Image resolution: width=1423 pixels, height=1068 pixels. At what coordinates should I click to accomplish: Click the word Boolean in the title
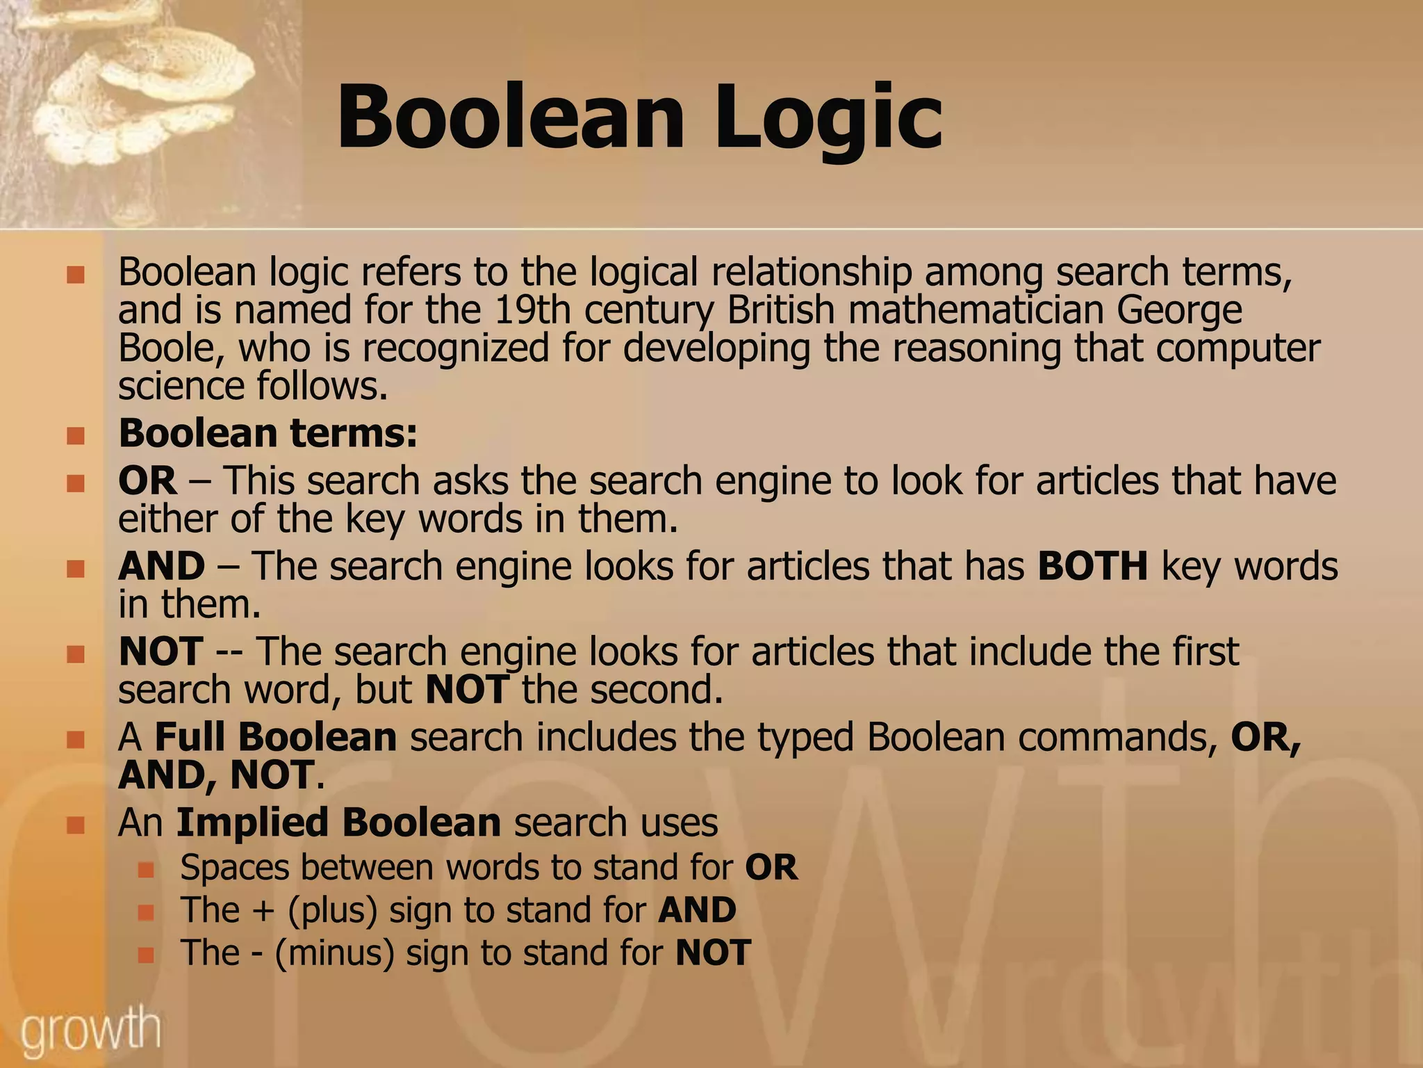point(511,117)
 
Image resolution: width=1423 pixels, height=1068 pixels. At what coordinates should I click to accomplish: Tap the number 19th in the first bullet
point(532,310)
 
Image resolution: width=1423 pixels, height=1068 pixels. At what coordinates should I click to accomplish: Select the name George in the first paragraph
point(1179,311)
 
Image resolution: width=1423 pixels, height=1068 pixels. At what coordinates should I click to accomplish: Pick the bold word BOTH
point(1092,566)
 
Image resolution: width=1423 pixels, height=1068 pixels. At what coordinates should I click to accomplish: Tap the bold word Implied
point(252,823)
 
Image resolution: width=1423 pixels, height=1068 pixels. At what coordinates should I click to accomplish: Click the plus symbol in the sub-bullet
point(263,911)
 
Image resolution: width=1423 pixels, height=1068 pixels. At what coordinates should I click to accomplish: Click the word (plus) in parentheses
point(332,911)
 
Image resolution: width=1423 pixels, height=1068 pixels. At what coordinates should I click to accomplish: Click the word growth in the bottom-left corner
point(90,1030)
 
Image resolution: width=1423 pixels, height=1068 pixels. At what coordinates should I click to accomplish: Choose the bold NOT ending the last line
point(713,953)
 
